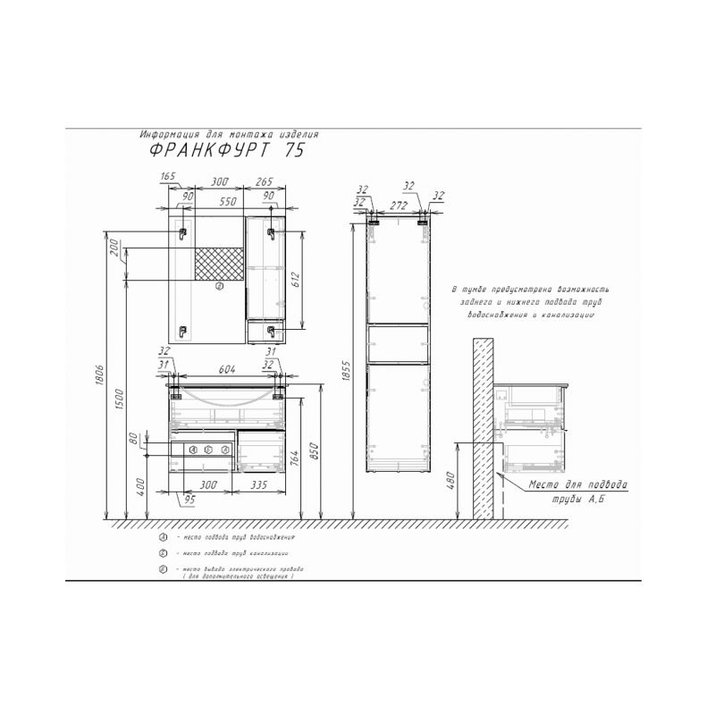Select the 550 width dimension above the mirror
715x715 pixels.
click(x=229, y=203)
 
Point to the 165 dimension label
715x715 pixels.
click(x=167, y=177)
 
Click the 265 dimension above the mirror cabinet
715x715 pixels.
click(x=265, y=182)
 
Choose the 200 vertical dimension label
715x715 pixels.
click(x=114, y=248)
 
